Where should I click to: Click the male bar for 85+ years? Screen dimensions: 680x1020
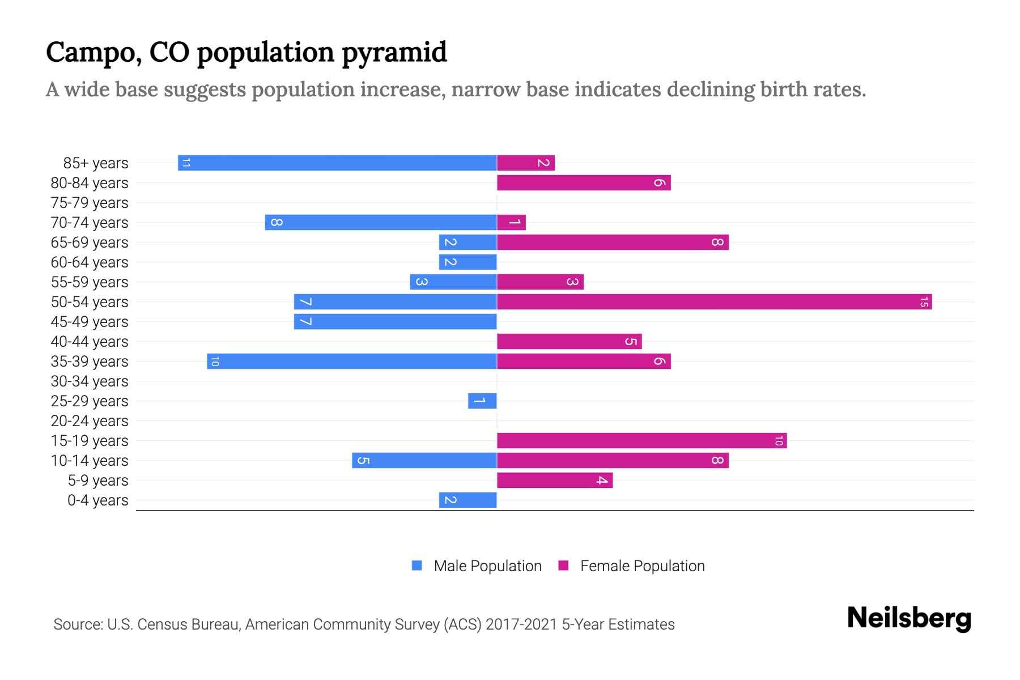[337, 163]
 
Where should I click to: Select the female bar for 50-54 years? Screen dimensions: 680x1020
[714, 301]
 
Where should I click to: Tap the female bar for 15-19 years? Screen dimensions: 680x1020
[641, 440]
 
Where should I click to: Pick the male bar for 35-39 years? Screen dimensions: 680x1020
[351, 361]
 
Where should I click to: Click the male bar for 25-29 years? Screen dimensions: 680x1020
[482, 401]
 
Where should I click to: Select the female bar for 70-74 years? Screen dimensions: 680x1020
[511, 222]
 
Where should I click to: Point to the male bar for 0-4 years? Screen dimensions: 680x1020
[467, 500]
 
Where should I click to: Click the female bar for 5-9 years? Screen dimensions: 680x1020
[554, 480]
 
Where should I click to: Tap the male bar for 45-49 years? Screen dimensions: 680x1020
[395, 321]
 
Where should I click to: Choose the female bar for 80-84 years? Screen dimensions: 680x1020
[584, 182]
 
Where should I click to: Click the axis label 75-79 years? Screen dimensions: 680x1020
[90, 203]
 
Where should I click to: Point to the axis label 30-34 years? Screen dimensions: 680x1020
[90, 381]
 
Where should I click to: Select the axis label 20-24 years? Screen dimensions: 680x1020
[90, 421]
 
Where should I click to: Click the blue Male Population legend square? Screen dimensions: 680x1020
[417, 566]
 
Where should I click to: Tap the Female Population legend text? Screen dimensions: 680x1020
[642, 566]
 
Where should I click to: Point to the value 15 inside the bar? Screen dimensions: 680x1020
[923, 302]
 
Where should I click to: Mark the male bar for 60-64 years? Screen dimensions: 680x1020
[467, 262]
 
